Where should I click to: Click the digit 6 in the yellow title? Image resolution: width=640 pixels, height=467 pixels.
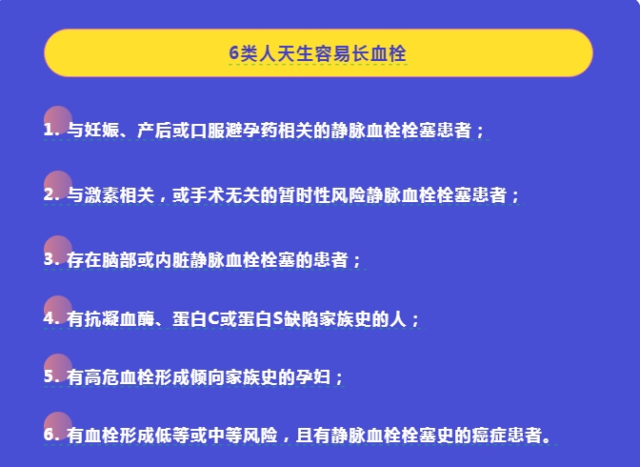coord(233,53)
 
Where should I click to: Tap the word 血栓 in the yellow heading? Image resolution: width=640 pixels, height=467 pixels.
coord(389,53)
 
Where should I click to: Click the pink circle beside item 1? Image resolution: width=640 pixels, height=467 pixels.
coord(58,120)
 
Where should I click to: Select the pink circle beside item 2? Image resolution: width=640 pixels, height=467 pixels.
coord(58,185)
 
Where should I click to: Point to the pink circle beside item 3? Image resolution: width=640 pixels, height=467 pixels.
coord(58,250)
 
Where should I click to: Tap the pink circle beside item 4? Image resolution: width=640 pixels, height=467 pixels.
coord(58,310)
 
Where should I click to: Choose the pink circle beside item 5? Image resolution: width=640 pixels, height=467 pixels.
coord(58,368)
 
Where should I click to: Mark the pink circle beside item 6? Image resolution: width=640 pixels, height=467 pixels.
coord(58,426)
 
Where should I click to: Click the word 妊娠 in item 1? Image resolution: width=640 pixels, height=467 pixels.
coord(93,131)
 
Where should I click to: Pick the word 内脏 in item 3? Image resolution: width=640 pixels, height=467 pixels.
coord(172,260)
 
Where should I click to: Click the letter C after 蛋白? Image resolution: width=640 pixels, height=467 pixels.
coord(214,319)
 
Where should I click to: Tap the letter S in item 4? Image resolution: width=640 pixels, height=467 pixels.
coord(278,319)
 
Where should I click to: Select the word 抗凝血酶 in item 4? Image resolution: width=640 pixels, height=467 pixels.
coord(119,319)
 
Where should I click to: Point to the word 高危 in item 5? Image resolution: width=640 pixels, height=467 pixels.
coord(102,377)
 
